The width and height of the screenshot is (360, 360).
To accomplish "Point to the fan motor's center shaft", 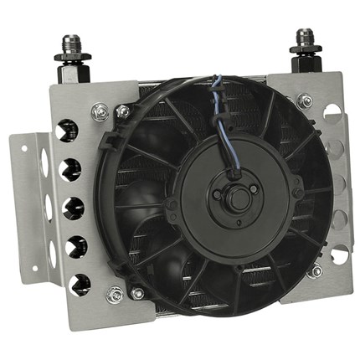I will pos(239,199).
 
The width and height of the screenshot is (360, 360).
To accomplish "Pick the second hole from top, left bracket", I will pos(66,167).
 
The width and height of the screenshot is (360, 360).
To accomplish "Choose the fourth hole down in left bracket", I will pos(66,244).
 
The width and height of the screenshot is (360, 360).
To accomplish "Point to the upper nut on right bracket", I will pos(306,101).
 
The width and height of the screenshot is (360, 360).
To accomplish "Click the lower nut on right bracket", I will pos(314,270).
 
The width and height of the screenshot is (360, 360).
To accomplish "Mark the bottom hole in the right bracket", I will pos(337,255).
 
